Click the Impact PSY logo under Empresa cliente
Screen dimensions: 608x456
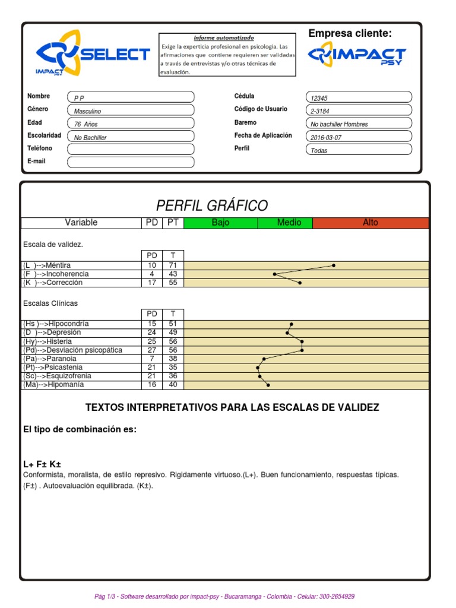(357, 57)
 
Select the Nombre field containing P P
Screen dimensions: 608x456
(131, 97)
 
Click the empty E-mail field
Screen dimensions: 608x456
(131, 162)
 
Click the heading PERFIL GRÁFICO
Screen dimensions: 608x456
(212, 205)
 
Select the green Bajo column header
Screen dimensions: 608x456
(220, 223)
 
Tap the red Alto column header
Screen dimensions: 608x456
(370, 223)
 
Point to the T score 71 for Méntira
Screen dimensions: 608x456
(173, 265)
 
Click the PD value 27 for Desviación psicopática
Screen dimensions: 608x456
(152, 350)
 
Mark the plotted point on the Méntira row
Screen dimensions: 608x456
(334, 265)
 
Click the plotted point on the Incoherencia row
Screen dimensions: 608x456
(274, 274)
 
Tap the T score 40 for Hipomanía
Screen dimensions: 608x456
(173, 385)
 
